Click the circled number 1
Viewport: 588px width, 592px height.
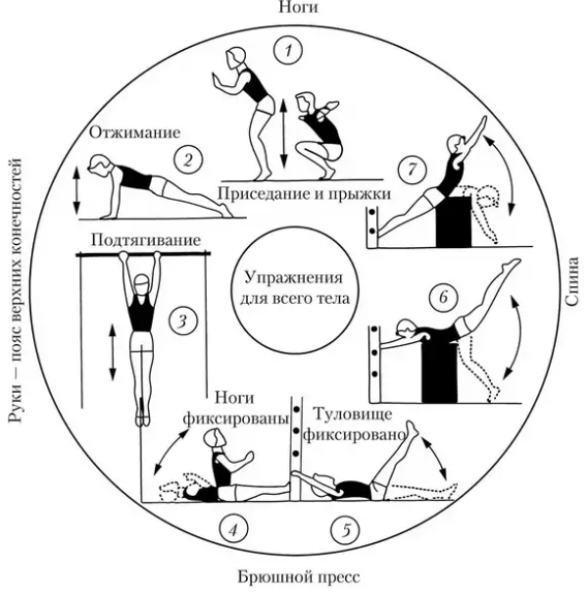(x=288, y=51)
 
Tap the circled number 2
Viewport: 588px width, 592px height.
(x=189, y=160)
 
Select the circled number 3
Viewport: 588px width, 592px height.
(x=182, y=322)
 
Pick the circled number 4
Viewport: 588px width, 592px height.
(x=233, y=529)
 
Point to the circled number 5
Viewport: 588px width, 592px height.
(x=345, y=529)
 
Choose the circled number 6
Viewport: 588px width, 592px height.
(x=444, y=297)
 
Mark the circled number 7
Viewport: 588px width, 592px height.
(x=413, y=169)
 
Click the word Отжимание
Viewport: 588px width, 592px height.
(x=134, y=132)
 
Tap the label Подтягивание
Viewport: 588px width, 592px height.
(x=146, y=240)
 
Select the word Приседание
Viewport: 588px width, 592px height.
(x=262, y=194)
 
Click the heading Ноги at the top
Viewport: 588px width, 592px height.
(x=298, y=8)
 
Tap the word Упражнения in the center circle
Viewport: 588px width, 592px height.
(x=294, y=278)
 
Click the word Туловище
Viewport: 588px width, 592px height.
(x=353, y=415)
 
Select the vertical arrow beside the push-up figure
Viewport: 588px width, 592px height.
(x=76, y=191)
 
